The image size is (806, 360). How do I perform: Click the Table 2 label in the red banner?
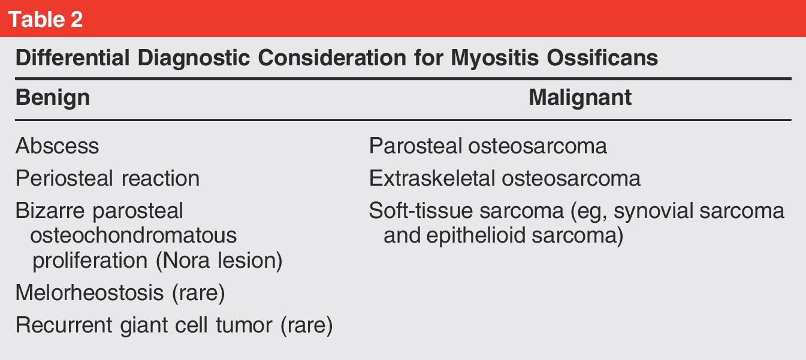pyautogui.click(x=46, y=19)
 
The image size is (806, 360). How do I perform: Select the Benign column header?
pyautogui.click(x=53, y=98)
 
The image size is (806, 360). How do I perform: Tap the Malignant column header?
pyautogui.click(x=580, y=98)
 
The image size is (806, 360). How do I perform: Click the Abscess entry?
pyautogui.click(x=57, y=146)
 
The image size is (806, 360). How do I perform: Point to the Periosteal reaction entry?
pyautogui.click(x=108, y=179)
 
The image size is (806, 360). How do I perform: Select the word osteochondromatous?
pyautogui.click(x=134, y=235)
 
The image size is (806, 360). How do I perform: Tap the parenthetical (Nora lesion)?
pyautogui.click(x=219, y=261)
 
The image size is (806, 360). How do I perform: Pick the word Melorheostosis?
pyautogui.click(x=90, y=292)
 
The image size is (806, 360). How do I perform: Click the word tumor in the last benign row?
pyautogui.click(x=244, y=325)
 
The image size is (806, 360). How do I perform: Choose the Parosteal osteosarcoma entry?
pyautogui.click(x=488, y=146)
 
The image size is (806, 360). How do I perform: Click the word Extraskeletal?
pyautogui.click(x=432, y=179)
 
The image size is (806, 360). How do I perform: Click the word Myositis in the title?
pyautogui.click(x=495, y=58)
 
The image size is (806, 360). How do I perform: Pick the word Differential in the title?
pyautogui.click(x=73, y=58)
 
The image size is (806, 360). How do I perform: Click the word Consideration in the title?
pyautogui.click(x=332, y=58)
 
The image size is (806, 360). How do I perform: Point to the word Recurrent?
pyautogui.click(x=64, y=325)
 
